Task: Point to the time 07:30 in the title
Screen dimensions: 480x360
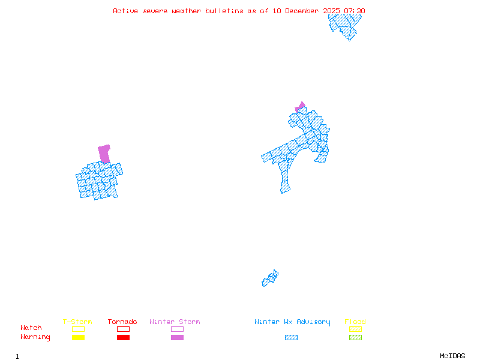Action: pyautogui.click(x=354, y=11)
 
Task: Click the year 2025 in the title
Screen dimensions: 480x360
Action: pyautogui.click(x=332, y=11)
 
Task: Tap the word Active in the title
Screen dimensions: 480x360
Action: pyautogui.click(x=124, y=11)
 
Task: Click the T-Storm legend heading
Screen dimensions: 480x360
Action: pyautogui.click(x=77, y=322)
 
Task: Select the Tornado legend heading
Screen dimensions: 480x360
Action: pyautogui.click(x=122, y=322)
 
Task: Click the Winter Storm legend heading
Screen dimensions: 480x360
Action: pyautogui.click(x=175, y=322)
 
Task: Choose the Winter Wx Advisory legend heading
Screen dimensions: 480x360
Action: pyautogui.click(x=292, y=322)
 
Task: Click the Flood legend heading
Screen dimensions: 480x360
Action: pyautogui.click(x=355, y=322)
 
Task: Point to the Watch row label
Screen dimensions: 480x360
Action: pyautogui.click(x=31, y=328)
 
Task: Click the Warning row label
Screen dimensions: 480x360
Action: pyautogui.click(x=35, y=337)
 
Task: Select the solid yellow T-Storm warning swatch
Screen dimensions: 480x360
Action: pyautogui.click(x=78, y=337)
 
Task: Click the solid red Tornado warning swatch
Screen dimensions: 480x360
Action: pyautogui.click(x=123, y=337)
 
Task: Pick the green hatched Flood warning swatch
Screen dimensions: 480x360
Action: pyautogui.click(x=355, y=337)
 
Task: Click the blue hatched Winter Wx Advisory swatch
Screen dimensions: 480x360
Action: pyautogui.click(x=291, y=337)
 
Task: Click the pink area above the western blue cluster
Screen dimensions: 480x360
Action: pyautogui.click(x=104, y=153)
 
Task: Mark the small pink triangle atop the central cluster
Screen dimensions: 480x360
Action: pyautogui.click(x=301, y=106)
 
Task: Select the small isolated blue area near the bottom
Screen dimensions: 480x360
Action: pyautogui.click(x=270, y=278)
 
